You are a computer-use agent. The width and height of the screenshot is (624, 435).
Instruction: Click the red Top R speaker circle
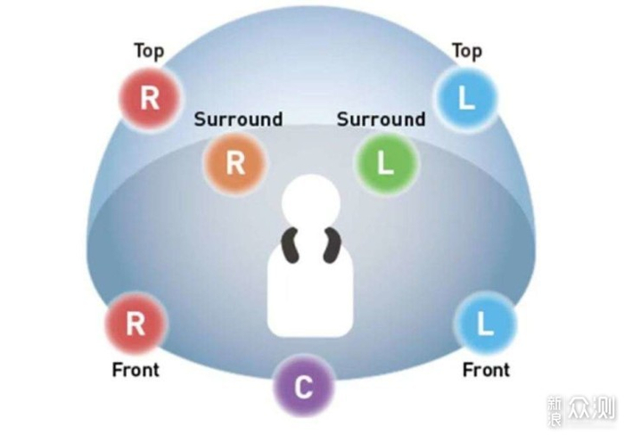point(151,97)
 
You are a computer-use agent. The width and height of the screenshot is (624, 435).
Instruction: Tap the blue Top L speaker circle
point(464,98)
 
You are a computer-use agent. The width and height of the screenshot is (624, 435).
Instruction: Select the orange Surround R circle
point(235,163)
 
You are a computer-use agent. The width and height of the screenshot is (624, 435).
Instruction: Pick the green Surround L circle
point(385,163)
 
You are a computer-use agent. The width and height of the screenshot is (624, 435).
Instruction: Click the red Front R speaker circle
point(135,324)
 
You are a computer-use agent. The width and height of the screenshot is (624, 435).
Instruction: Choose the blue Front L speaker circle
point(485,324)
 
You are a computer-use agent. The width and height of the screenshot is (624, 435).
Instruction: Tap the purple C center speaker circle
point(303,387)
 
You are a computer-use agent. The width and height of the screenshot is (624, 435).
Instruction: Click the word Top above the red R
point(149,51)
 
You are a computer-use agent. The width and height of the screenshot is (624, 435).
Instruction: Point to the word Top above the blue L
point(466,51)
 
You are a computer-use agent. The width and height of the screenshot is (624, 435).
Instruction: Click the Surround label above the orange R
point(238,119)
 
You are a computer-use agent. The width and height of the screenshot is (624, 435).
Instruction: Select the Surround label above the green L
point(381,119)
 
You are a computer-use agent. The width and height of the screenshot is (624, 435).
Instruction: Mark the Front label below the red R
point(135,369)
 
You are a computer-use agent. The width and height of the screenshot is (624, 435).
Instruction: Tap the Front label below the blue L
point(486,369)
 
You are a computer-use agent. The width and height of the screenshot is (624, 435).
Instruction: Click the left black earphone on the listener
point(291,245)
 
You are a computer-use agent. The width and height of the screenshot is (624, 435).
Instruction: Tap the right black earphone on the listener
point(332,245)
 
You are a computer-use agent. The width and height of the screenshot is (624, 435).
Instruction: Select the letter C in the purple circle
point(303,388)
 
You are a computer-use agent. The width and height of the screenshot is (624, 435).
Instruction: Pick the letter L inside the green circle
point(385,164)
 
